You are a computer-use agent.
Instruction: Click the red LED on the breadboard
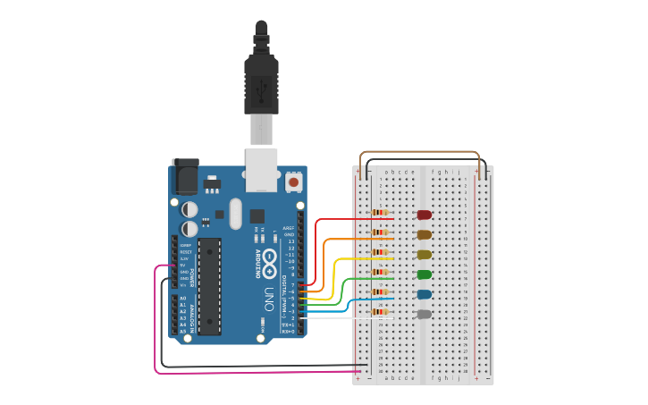click(425, 215)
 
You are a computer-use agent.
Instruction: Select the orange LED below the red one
click(425, 234)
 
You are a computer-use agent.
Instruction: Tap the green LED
click(425, 274)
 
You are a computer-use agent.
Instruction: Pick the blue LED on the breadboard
click(425, 294)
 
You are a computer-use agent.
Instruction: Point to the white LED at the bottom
click(425, 314)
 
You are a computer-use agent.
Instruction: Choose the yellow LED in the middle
click(425, 255)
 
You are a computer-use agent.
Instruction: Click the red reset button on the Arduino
click(293, 182)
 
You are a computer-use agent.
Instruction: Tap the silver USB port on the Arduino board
click(262, 170)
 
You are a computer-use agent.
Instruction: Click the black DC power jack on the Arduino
click(185, 176)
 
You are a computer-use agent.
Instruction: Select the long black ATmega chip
click(209, 286)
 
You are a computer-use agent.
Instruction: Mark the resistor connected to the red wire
click(381, 213)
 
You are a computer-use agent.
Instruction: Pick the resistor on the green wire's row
click(381, 273)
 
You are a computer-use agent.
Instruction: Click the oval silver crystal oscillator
click(235, 213)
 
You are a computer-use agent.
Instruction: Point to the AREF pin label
click(289, 228)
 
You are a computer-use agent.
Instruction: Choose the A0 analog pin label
click(183, 299)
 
